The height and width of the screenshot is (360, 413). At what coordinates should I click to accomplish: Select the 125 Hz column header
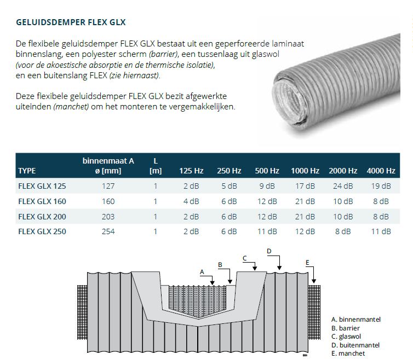tap(191, 171)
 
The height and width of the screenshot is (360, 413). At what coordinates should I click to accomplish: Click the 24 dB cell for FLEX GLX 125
tap(343, 187)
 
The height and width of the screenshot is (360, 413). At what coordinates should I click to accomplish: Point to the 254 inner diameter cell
tap(108, 231)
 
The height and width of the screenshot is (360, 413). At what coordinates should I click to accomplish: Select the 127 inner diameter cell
tap(108, 187)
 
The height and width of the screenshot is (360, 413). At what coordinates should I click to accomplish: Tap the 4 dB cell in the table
tap(191, 201)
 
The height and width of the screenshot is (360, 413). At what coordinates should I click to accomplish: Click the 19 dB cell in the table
tap(381, 187)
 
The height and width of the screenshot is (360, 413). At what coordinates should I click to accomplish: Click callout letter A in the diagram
tap(202, 271)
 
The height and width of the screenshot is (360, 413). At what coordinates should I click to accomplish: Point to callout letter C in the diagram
tap(245, 258)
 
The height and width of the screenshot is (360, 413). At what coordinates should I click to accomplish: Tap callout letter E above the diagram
tap(307, 263)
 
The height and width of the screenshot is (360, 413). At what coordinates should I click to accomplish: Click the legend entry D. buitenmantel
tap(355, 345)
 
